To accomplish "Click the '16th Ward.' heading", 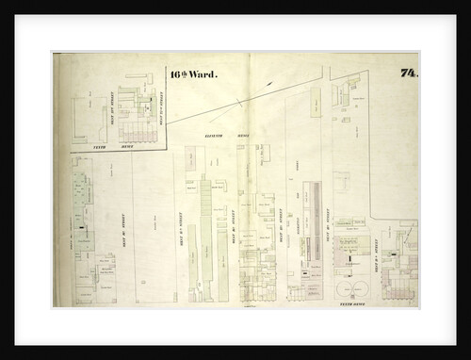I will point(193,73).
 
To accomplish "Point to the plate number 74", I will point(408,73).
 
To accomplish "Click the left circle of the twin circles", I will point(345,287).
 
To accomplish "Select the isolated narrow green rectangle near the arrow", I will point(315,102).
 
